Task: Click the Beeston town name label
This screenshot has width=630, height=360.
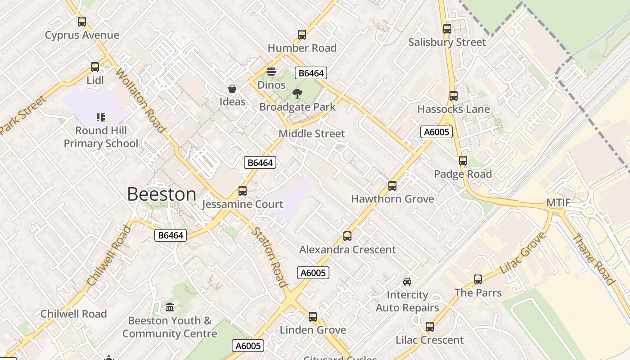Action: [x=162, y=194]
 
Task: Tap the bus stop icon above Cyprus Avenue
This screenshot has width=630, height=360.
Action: [x=81, y=22]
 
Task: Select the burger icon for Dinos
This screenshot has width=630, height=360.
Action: [x=271, y=72]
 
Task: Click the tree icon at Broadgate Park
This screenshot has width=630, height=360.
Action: [x=297, y=94]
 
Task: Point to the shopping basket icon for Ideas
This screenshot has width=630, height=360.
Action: [x=232, y=89]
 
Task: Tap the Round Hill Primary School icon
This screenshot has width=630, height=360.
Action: [x=101, y=118]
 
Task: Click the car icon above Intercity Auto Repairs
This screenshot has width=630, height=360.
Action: [x=407, y=282]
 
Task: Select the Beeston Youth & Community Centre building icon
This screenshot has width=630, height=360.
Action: [x=170, y=307]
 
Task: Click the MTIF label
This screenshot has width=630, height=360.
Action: [x=558, y=203]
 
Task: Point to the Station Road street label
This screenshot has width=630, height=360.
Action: [x=269, y=257]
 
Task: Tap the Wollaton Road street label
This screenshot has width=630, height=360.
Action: [x=140, y=100]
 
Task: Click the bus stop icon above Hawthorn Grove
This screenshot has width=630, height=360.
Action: [x=392, y=186]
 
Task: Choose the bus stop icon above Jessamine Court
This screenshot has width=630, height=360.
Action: [x=243, y=191]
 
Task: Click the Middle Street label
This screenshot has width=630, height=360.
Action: [x=311, y=134]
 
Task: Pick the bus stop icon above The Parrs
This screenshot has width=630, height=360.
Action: [x=478, y=279]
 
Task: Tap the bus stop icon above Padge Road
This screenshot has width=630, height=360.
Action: [x=463, y=161]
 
